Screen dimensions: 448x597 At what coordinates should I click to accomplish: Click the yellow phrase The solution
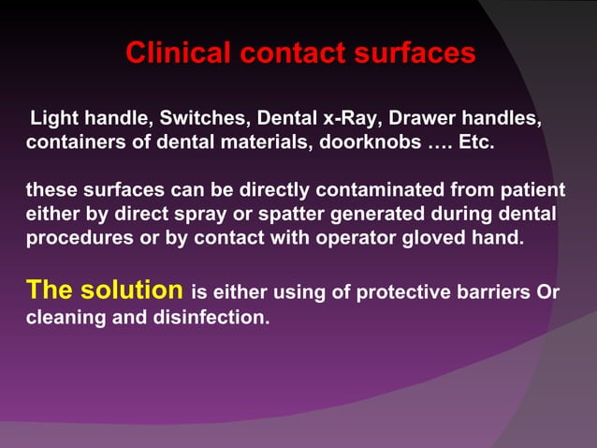(104, 290)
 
